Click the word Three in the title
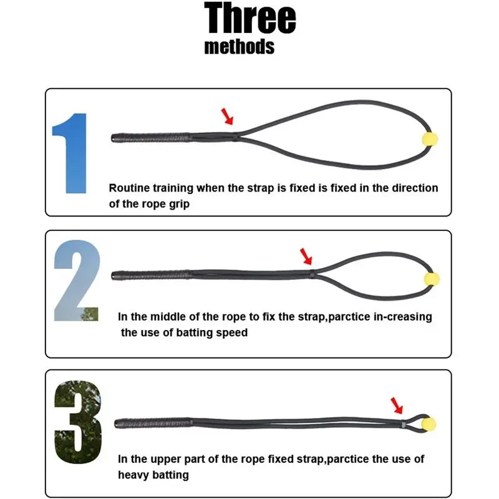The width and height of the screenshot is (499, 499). (250, 18)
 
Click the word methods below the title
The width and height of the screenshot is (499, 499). (240, 47)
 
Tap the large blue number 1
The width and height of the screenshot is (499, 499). (70, 153)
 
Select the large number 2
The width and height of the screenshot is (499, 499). (77, 280)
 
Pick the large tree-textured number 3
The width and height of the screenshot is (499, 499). (79, 422)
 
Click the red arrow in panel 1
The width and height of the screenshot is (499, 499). (227, 116)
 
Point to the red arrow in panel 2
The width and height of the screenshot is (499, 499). (306, 256)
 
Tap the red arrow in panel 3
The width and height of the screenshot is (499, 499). (397, 405)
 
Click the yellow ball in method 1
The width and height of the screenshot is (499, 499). (430, 139)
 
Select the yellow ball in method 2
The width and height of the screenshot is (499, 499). (432, 279)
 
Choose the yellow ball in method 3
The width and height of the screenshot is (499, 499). (429, 424)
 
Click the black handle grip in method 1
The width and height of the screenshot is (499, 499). (151, 138)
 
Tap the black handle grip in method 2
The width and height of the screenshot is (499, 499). (152, 275)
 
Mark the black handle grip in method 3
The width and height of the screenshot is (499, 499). (153, 424)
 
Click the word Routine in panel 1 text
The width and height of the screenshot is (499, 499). (129, 188)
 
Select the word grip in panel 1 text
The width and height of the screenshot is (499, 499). (179, 205)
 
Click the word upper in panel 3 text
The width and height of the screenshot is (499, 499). (165, 460)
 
